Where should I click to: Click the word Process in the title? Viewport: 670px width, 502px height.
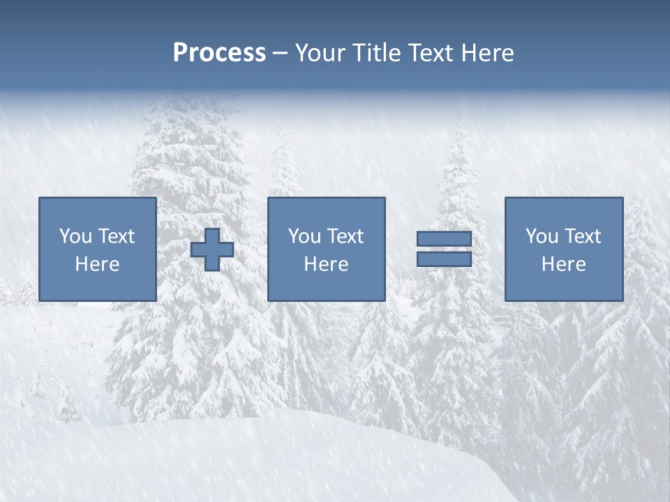pos(219,53)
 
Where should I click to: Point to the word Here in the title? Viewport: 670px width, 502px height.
pos(487,53)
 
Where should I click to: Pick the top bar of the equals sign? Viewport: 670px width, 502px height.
pos(444,239)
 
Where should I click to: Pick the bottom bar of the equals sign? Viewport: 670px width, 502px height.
pos(444,259)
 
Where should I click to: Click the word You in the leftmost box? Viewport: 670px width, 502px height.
pos(75,236)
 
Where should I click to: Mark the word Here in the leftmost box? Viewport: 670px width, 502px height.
pos(97,264)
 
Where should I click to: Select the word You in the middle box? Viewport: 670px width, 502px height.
pos(304,236)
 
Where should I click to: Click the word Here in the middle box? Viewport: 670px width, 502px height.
pos(326,264)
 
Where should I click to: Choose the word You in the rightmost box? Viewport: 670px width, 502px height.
pos(541,236)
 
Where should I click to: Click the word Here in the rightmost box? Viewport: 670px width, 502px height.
pos(563,264)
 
